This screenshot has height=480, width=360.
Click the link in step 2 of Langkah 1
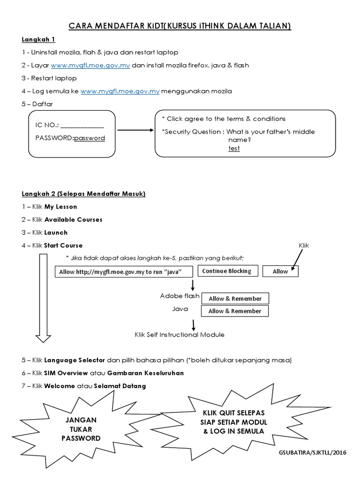click(90, 65)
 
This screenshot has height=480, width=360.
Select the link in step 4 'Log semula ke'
click(120, 91)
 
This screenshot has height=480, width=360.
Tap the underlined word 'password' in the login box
click(90, 138)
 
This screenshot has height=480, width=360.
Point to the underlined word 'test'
click(234, 148)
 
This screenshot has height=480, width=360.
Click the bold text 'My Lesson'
click(60, 207)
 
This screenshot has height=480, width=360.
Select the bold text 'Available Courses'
click(73, 219)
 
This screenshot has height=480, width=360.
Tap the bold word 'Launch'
click(56, 232)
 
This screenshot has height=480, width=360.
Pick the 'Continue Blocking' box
click(227, 271)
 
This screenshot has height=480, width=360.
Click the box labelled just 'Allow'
click(280, 271)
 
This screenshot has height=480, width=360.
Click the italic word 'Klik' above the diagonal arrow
click(304, 246)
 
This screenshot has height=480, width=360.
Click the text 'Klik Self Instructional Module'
click(180, 335)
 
